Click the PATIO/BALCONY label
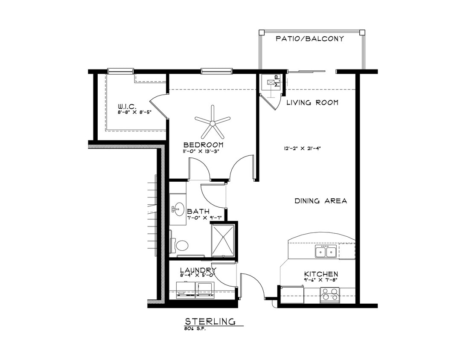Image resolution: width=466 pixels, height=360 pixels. tap(310, 39)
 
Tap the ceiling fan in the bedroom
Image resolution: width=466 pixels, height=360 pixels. tap(212, 123)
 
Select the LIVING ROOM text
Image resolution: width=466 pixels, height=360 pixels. tap(312, 103)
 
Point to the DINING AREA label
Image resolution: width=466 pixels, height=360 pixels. tap(320, 201)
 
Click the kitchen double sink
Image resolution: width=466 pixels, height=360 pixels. tap(326, 252)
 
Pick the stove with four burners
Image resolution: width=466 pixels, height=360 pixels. tap(329, 295)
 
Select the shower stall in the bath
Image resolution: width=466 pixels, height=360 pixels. tap(222, 240)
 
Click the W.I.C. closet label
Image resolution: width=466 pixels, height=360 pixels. tap(127, 106)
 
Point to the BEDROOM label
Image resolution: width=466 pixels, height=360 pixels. tap(203, 145)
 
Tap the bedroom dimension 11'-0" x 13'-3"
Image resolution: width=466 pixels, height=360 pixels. tap(203, 151)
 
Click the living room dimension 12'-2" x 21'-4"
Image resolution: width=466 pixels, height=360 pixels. tap(302, 149)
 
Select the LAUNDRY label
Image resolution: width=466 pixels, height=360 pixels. tap(198, 270)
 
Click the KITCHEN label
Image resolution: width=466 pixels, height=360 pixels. tap(321, 274)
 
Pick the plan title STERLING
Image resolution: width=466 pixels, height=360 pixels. tap(210, 321)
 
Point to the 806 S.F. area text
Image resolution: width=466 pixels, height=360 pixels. tap(195, 329)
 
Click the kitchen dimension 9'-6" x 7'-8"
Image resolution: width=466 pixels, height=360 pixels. tap(321, 280)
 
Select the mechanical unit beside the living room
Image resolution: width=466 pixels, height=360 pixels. tap(271, 83)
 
